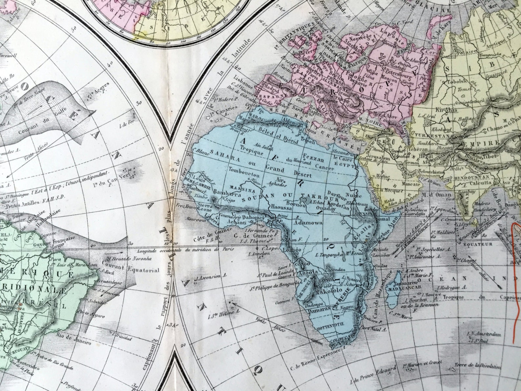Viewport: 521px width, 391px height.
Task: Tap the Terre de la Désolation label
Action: pos(478,366)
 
